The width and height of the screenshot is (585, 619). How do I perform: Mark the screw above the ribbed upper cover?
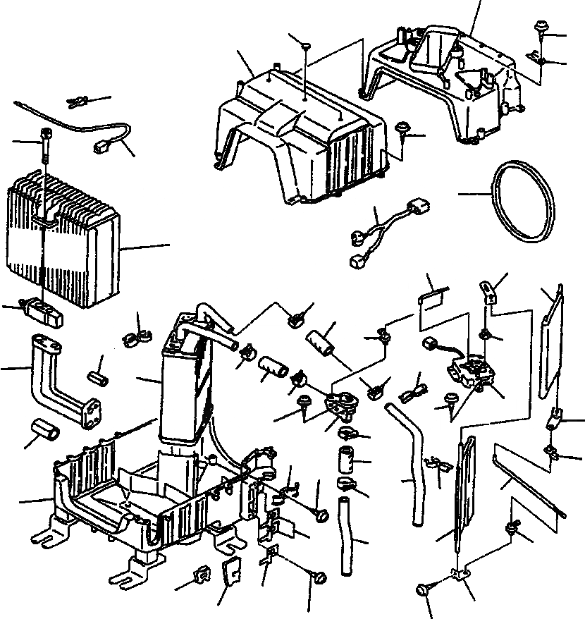coord(307,47)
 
